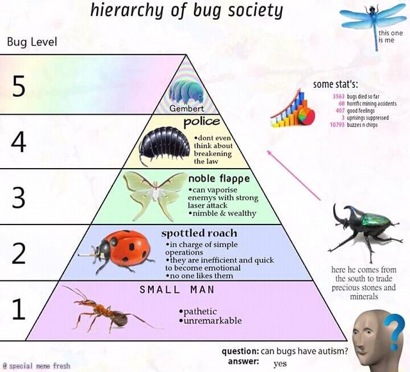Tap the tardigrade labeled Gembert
[x=186, y=92]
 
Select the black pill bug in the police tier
[x=164, y=144]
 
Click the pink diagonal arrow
[x=293, y=175]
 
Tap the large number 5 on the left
[x=19, y=86]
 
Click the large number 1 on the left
[x=19, y=309]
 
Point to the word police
[x=202, y=122]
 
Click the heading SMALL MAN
[x=177, y=289]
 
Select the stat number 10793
[x=338, y=125]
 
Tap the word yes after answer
[x=280, y=364]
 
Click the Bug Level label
[x=32, y=42]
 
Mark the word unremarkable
[x=213, y=321]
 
